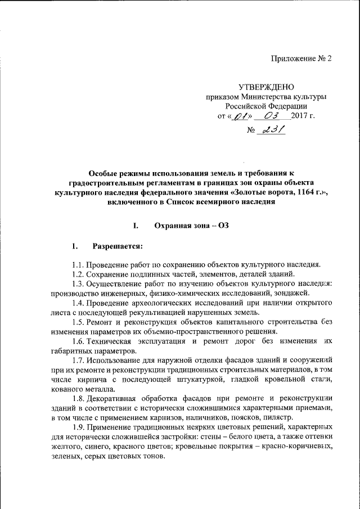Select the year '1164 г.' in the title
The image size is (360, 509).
pos(307,192)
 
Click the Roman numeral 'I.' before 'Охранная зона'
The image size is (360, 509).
pos(135,226)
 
